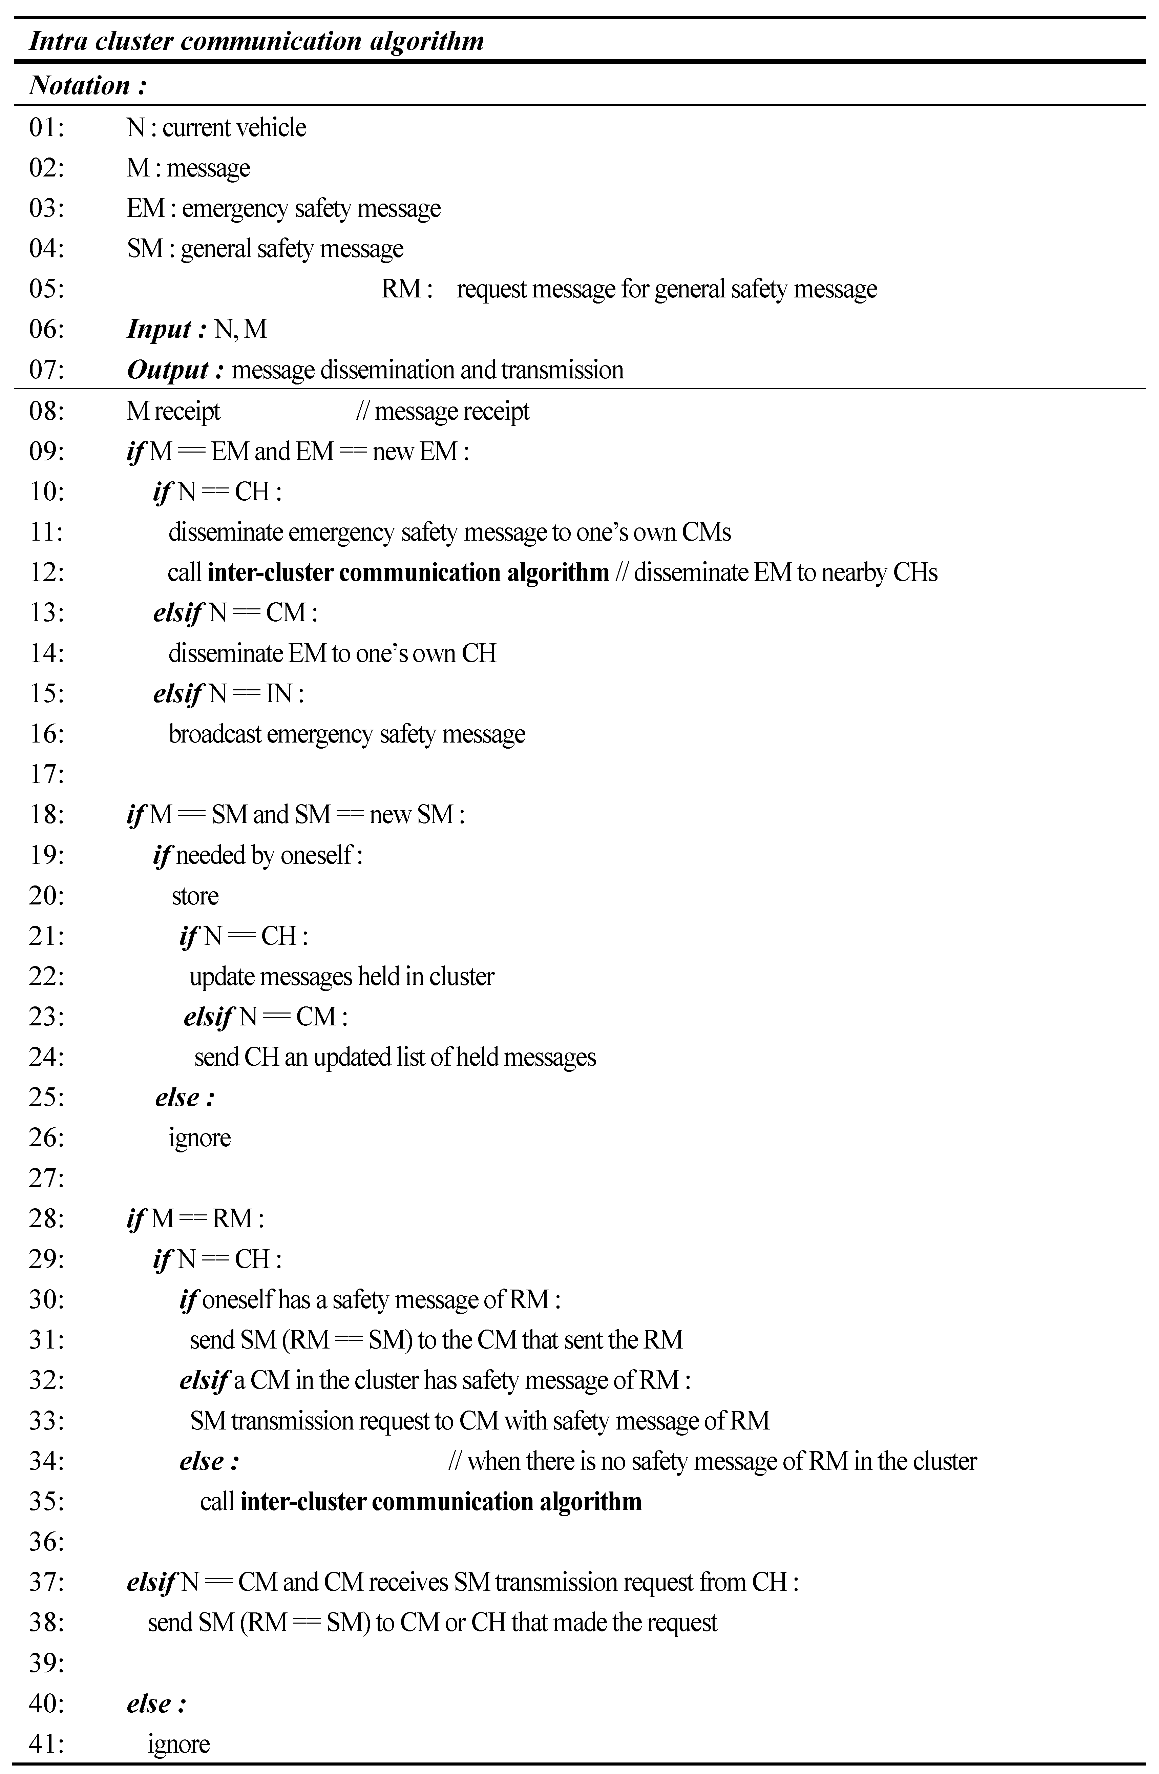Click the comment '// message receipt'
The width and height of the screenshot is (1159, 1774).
443,411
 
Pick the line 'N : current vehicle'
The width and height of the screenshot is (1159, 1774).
216,127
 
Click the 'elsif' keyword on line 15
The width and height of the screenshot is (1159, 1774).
177,694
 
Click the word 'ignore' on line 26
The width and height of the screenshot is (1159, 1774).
200,1138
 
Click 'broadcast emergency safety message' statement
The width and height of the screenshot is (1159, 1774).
346,734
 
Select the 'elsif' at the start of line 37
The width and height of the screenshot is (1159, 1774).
151,1582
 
